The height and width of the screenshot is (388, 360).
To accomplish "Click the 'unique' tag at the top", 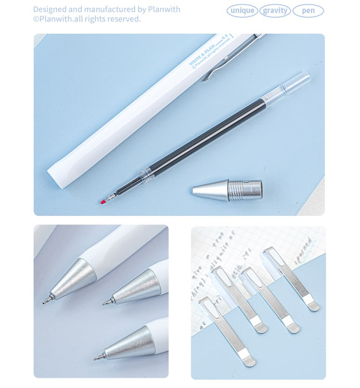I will (242, 11).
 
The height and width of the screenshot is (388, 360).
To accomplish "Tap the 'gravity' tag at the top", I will (275, 11).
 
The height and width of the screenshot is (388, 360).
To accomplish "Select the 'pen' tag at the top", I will (308, 11).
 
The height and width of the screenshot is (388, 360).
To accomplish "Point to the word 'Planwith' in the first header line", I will (163, 9).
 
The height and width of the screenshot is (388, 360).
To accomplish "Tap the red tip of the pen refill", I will (103, 201).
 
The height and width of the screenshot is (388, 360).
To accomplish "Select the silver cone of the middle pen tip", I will (137, 287).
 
